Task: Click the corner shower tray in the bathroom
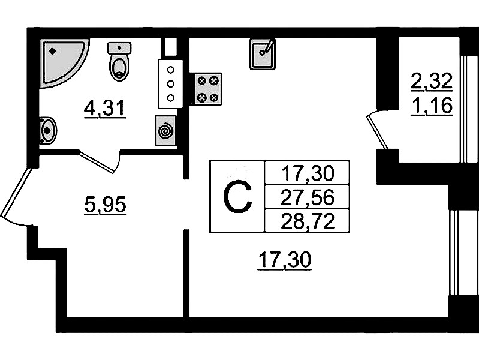click(62, 60)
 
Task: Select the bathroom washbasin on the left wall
click(47, 130)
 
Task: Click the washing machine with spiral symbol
click(165, 130)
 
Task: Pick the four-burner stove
click(206, 89)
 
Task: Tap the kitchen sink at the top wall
click(263, 53)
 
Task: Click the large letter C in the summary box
click(237, 197)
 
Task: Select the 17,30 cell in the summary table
click(307, 173)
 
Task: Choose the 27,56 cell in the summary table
click(307, 197)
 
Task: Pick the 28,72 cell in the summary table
click(307, 221)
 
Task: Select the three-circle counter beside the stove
click(171, 83)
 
